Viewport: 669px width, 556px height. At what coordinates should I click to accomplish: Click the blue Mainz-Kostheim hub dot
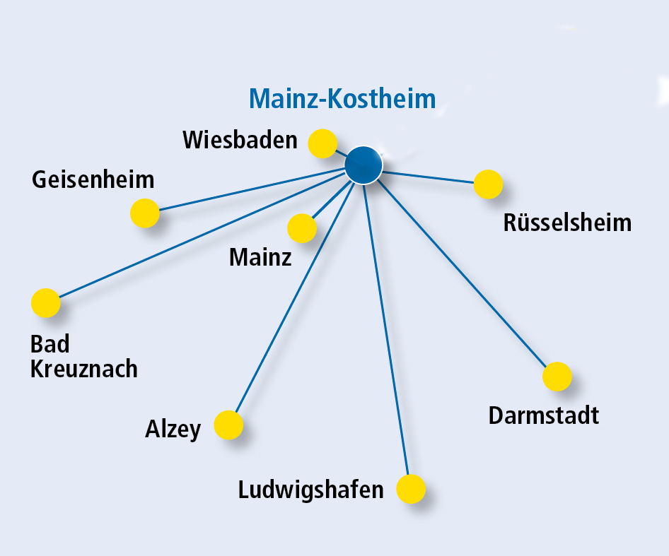pyautogui.click(x=363, y=165)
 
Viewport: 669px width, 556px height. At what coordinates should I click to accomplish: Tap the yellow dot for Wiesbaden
pyautogui.click(x=322, y=143)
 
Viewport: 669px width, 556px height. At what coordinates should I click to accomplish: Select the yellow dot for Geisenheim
pyautogui.click(x=145, y=213)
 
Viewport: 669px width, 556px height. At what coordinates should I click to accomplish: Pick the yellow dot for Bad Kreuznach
pyautogui.click(x=46, y=303)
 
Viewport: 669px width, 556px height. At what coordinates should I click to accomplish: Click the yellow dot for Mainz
pyautogui.click(x=302, y=228)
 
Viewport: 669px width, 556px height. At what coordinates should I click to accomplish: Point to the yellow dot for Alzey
pyautogui.click(x=228, y=425)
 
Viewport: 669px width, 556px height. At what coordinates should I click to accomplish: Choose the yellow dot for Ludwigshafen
pyautogui.click(x=411, y=489)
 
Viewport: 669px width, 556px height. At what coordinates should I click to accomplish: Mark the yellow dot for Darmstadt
pyautogui.click(x=557, y=377)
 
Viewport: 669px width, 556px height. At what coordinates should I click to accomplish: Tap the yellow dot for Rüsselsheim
pyautogui.click(x=488, y=184)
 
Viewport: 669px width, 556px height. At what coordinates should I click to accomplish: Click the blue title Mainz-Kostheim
pyautogui.click(x=342, y=98)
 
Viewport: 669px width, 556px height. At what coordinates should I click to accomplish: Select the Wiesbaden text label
pyautogui.click(x=240, y=139)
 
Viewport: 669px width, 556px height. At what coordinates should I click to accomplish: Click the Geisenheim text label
pyautogui.click(x=93, y=179)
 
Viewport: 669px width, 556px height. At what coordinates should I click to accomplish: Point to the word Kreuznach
pyautogui.click(x=83, y=369)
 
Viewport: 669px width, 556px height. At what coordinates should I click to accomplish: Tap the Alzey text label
pyautogui.click(x=173, y=429)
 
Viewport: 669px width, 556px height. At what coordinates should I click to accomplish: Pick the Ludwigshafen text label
pyautogui.click(x=310, y=490)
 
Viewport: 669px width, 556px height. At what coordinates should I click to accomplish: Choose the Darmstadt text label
pyautogui.click(x=544, y=415)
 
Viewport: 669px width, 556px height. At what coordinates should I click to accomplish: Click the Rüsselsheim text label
pyautogui.click(x=567, y=222)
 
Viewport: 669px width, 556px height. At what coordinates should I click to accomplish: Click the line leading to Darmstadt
pyautogui.click(x=462, y=273)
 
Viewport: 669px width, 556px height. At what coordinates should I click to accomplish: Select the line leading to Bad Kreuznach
pyautogui.click(x=202, y=235)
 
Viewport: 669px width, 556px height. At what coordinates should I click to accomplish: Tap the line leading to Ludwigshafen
pyautogui.click(x=386, y=330)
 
